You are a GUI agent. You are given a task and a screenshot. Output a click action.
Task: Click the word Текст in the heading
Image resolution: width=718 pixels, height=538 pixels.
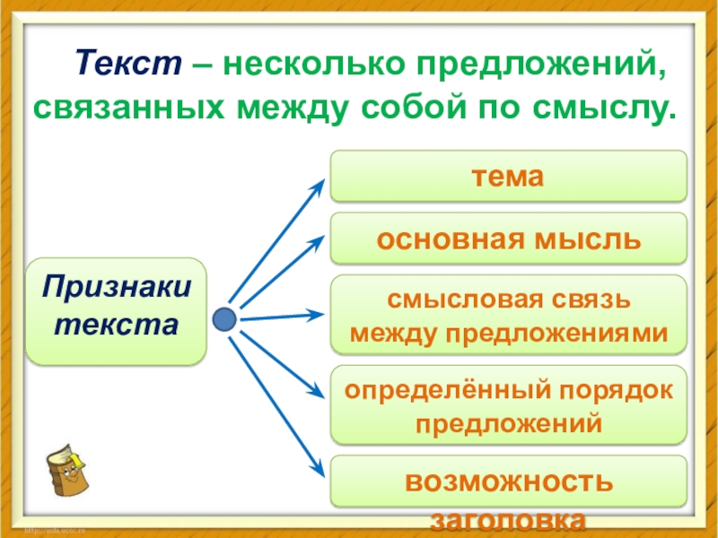tap(129, 65)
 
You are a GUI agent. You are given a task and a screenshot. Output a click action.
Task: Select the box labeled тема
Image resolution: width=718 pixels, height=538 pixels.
tap(509, 177)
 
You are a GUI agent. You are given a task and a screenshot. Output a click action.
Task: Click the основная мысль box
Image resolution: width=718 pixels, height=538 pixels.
tap(509, 239)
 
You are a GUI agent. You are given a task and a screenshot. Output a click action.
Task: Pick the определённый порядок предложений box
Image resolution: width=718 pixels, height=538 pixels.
tap(509, 405)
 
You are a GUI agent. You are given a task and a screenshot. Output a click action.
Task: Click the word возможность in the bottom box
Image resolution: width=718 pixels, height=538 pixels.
tap(509, 482)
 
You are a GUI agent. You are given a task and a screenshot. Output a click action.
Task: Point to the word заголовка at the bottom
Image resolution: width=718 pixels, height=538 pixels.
tap(509, 521)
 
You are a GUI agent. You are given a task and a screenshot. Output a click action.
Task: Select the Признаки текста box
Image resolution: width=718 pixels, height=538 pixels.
tap(116, 311)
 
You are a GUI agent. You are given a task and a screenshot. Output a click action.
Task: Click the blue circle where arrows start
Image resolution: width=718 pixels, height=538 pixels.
tap(225, 318)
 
